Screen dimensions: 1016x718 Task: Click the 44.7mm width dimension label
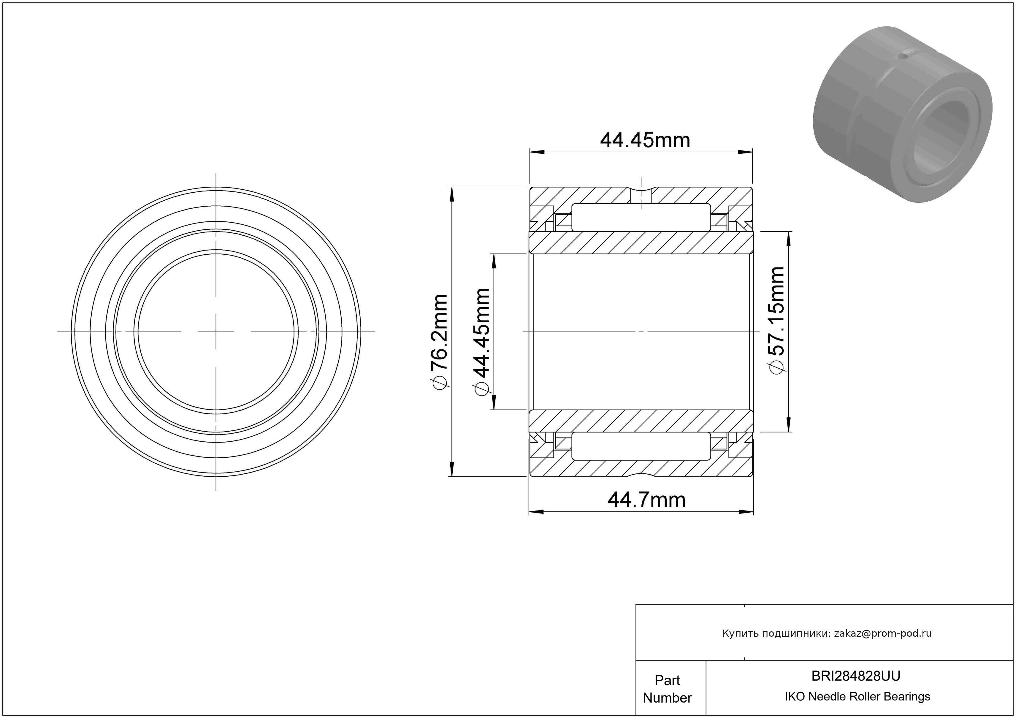click(646, 500)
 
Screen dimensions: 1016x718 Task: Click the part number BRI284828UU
click(856, 676)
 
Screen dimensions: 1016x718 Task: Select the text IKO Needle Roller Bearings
click(858, 697)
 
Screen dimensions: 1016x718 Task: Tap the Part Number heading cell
click(667, 689)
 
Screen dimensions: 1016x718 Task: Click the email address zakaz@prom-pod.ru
click(883, 633)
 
